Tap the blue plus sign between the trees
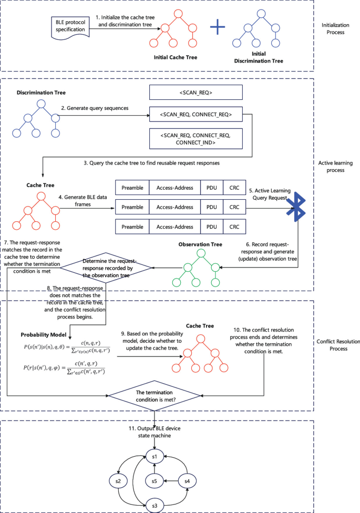coord(218,28)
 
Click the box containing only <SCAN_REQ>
coord(196,93)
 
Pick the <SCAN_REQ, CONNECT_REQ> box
coord(196,114)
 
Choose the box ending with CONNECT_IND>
coord(196,138)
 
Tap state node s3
coord(155,505)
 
